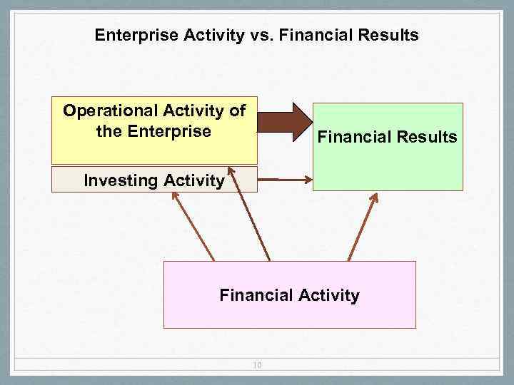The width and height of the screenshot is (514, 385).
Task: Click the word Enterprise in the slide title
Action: (x=131, y=35)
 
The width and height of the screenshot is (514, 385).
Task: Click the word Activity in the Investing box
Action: (x=193, y=180)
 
